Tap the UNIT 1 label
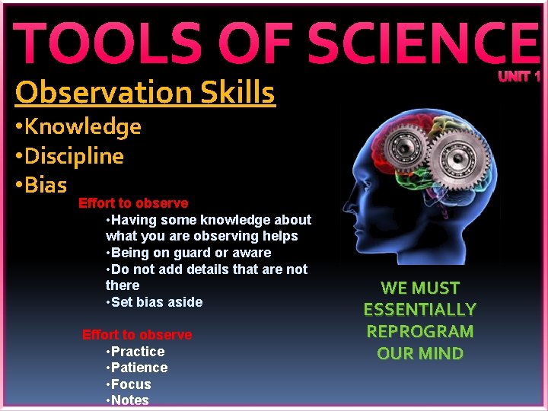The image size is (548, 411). (519, 77)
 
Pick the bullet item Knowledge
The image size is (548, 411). (82, 126)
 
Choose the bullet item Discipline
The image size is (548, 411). (73, 156)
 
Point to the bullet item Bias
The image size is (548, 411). (45, 185)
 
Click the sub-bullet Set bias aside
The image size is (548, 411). (157, 302)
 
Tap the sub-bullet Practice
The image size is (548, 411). (138, 352)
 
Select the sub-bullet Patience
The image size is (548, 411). (139, 368)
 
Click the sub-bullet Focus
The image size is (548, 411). (131, 384)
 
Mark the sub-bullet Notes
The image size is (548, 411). (130, 400)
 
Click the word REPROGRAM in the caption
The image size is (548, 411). (419, 332)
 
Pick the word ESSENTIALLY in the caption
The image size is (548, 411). (419, 310)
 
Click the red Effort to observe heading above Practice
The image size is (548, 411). (137, 335)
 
